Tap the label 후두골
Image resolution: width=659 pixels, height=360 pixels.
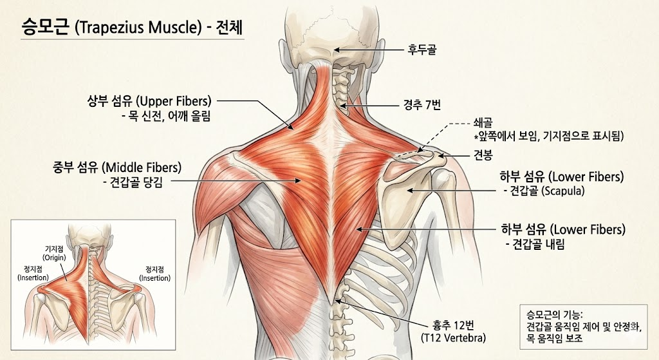(x=422, y=49)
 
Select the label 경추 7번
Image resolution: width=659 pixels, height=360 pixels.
(x=422, y=105)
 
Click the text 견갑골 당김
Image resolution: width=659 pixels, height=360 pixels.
(x=133, y=182)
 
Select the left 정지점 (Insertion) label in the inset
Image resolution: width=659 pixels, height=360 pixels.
(x=33, y=273)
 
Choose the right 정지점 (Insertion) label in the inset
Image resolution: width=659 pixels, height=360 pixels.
(x=154, y=274)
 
